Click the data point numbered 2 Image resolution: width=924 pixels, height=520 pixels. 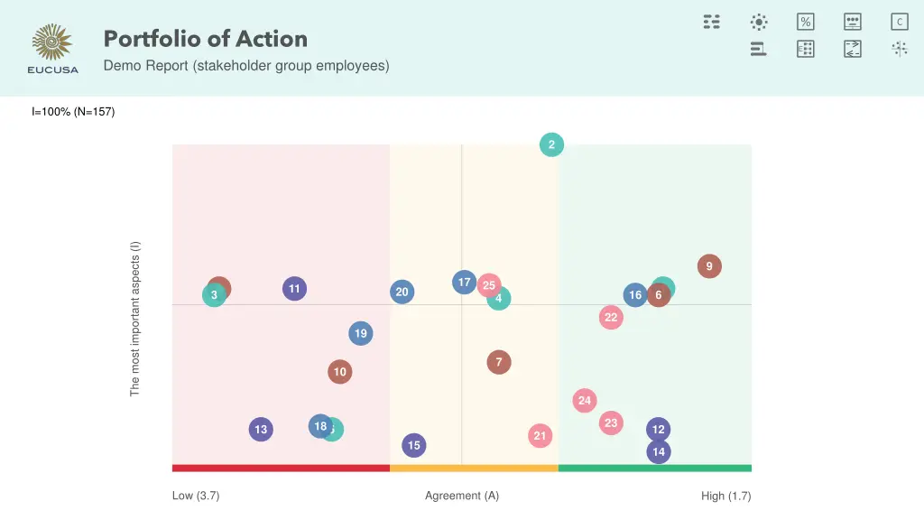pos(551,144)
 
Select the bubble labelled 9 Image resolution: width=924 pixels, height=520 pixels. pos(709,266)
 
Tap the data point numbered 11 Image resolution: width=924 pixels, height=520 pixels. pos(294,289)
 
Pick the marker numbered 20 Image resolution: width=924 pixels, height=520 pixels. pos(402,292)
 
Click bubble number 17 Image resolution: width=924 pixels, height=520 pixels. pos(464,283)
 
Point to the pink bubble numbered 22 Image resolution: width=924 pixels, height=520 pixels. pos(612,317)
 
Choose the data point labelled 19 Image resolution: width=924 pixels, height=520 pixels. pos(361,334)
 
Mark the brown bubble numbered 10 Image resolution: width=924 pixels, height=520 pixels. pos(339,372)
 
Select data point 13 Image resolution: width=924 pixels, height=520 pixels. pos(261,430)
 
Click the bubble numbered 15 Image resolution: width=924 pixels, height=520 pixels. pos(414,445)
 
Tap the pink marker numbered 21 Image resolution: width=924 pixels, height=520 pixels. pos(540,436)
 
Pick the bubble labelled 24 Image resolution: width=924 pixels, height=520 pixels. pos(585,401)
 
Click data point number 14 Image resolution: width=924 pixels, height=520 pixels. pos(659,451)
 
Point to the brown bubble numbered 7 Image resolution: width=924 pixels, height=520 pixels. pos(499,362)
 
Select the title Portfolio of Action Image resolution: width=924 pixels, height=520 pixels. pos(206,39)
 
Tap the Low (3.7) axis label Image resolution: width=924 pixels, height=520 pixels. pos(196,496)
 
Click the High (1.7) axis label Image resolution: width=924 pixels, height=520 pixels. pos(725,496)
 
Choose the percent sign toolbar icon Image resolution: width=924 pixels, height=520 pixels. pos(806,22)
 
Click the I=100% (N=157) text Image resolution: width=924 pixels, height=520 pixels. pos(73,112)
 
